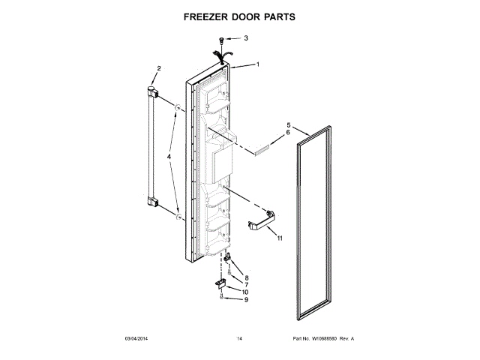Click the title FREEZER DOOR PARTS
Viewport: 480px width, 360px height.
pyautogui.click(x=240, y=15)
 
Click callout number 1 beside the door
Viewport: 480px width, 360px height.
pyautogui.click(x=257, y=64)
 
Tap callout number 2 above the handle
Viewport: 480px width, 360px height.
pyautogui.click(x=157, y=70)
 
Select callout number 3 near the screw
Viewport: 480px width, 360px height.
pyautogui.click(x=245, y=37)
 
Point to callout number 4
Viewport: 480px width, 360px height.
pyautogui.click(x=169, y=157)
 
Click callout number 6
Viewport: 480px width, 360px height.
pyautogui.click(x=288, y=133)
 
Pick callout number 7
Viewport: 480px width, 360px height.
pyautogui.click(x=246, y=285)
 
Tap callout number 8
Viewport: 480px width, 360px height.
pyautogui.click(x=246, y=277)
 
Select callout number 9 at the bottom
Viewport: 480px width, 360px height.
pyautogui.click(x=246, y=300)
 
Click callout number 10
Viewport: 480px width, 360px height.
pyautogui.click(x=246, y=292)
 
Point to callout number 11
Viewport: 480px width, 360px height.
pyautogui.click(x=280, y=238)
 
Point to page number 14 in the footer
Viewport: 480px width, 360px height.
pyautogui.click(x=239, y=340)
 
